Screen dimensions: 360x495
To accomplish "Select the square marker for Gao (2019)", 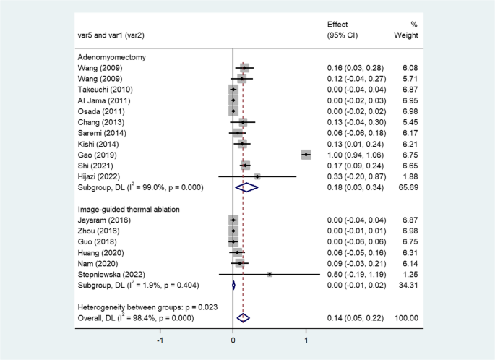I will click(306, 155).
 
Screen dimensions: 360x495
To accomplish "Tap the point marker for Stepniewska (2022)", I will click(270, 274).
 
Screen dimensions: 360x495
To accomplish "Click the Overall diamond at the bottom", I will click(243, 317).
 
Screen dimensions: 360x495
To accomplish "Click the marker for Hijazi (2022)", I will click(257, 176).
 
